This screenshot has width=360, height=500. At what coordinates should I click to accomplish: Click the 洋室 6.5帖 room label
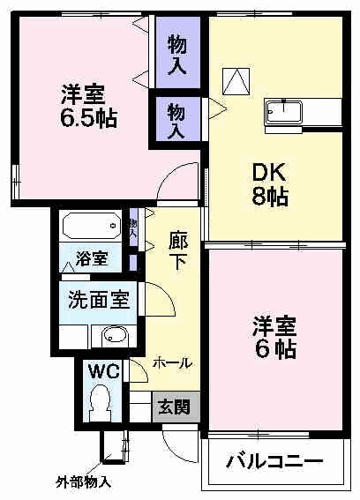tap(88, 105)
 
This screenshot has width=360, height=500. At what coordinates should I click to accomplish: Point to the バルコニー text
tap(274, 460)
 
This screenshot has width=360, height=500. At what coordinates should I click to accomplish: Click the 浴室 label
tap(91, 259)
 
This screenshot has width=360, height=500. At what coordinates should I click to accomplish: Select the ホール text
tap(173, 362)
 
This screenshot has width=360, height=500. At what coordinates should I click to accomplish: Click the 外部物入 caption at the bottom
tap(83, 483)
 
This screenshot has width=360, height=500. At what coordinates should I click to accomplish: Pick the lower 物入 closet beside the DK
tap(176, 118)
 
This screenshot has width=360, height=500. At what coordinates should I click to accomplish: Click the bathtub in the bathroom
tap(91, 226)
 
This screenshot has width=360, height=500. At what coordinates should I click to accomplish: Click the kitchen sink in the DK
tap(284, 113)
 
